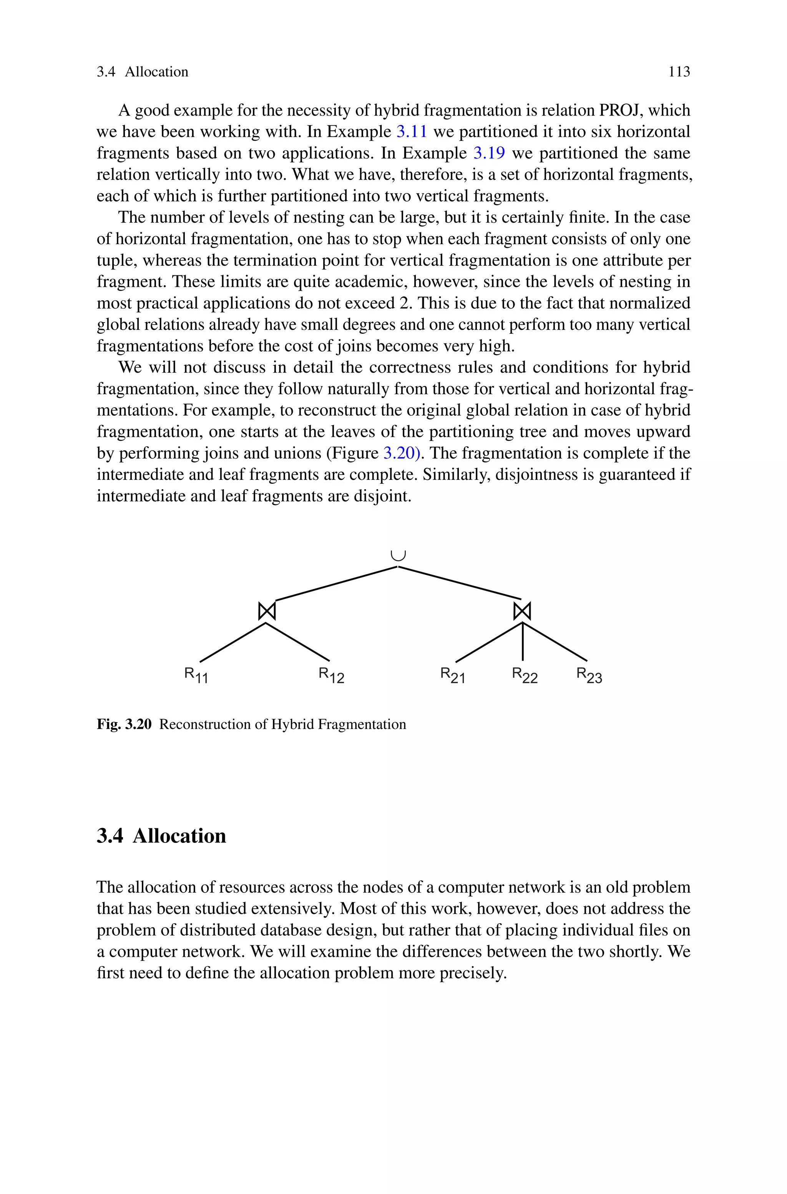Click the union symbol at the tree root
pyautogui.click(x=398, y=555)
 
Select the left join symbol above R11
pyautogui.click(x=267, y=611)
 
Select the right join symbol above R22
pyautogui.click(x=522, y=611)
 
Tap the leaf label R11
pyautogui.click(x=196, y=675)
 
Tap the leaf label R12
pyautogui.click(x=331, y=675)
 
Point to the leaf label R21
pyautogui.click(x=453, y=675)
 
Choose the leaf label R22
pyautogui.click(x=525, y=675)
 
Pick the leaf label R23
pyautogui.click(x=589, y=675)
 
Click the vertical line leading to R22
pyautogui.click(x=523, y=643)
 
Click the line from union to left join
pyautogui.click(x=336, y=583)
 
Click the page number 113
pyautogui.click(x=679, y=72)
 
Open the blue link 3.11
pyautogui.click(x=412, y=132)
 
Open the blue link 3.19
pyautogui.click(x=489, y=153)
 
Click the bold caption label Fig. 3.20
pyautogui.click(x=124, y=724)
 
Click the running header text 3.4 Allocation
pyautogui.click(x=143, y=72)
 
